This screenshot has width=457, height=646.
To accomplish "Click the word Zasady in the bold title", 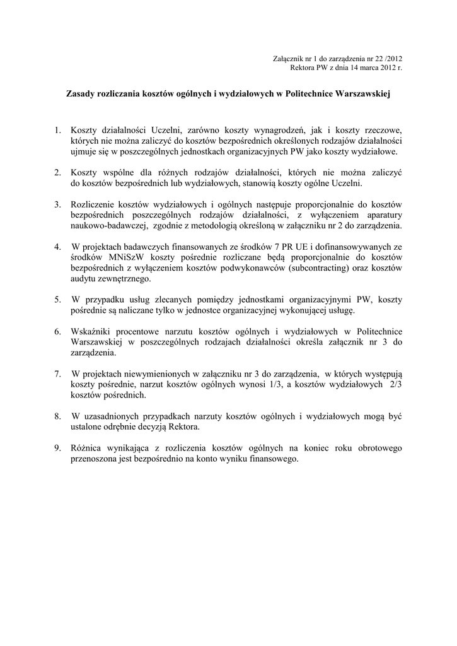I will [x=83, y=94].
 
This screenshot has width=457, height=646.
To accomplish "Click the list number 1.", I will [x=57, y=130].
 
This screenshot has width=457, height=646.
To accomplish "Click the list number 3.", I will [x=57, y=204].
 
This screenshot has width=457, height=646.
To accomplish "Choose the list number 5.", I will [x=57, y=300].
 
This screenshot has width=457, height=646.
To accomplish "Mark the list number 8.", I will [x=57, y=416].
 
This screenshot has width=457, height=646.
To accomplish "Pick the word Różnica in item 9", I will [x=89, y=449].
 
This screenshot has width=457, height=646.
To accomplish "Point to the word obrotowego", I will [x=374, y=449].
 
